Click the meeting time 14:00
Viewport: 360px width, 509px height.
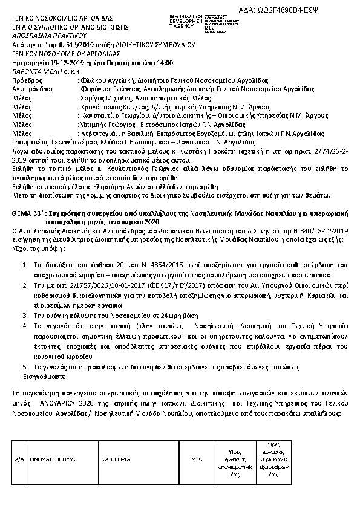[165, 62]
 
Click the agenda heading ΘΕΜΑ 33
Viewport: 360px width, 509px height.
[27, 214]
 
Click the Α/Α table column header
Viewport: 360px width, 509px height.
[19, 459]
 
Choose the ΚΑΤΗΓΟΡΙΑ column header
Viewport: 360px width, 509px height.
[116, 459]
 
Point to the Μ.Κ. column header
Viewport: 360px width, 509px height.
[196, 459]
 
